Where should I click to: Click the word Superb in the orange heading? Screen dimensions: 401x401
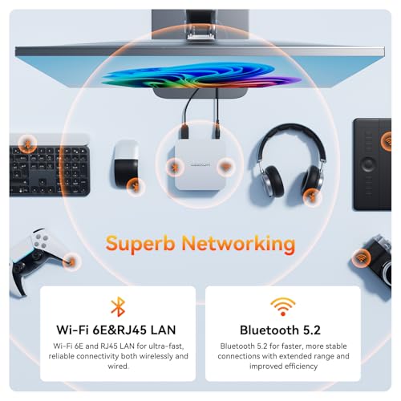(140, 244)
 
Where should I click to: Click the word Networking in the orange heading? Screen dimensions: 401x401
(238, 244)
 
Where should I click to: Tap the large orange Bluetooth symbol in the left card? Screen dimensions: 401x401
(118, 306)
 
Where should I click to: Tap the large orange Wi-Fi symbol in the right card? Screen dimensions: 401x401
(283, 306)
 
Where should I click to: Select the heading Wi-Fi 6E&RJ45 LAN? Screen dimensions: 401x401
(116, 330)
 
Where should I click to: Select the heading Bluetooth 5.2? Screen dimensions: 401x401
(280, 330)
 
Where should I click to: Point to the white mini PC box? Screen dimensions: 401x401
(200, 164)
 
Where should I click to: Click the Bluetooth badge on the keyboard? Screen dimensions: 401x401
(27, 144)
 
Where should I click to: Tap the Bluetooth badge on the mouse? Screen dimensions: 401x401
(136, 186)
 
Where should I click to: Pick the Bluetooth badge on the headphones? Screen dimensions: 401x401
(312, 197)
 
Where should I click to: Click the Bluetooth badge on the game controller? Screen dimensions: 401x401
(71, 261)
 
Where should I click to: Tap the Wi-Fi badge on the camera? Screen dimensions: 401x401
(361, 258)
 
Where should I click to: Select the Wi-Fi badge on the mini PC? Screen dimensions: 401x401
(226, 167)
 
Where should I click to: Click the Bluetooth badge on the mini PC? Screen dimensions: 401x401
(175, 168)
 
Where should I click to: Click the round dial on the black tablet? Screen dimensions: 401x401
(368, 164)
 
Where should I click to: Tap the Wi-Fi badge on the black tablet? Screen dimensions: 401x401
(387, 141)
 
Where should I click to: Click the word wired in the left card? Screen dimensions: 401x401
(118, 366)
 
